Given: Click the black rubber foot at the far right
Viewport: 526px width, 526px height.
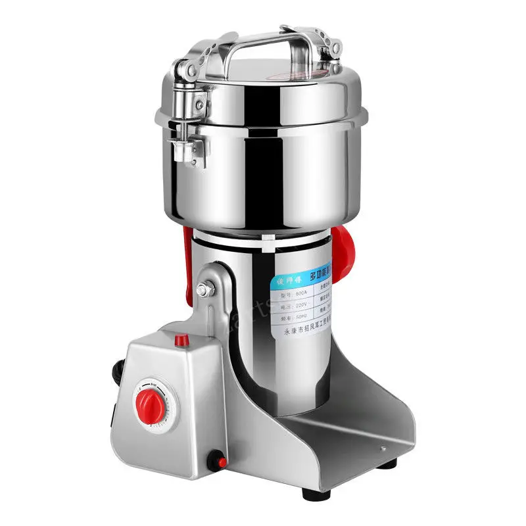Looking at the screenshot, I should (x=389, y=462).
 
